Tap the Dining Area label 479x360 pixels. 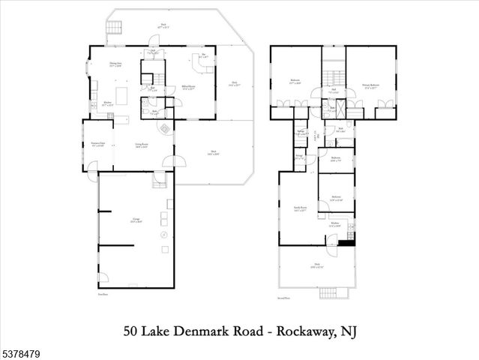click(x=116, y=65)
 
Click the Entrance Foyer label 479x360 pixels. click(x=97, y=143)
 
